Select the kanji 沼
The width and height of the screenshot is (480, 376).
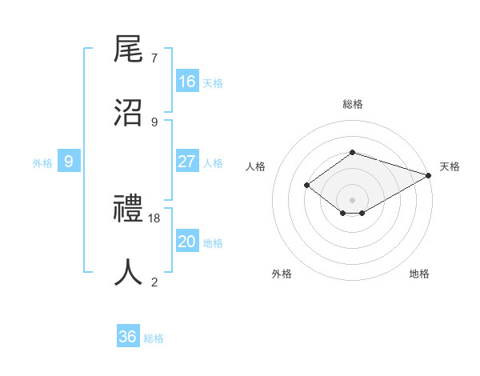[129, 113]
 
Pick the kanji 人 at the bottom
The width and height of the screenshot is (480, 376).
[129, 272]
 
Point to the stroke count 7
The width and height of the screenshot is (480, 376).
[154, 58]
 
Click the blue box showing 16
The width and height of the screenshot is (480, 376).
[187, 82]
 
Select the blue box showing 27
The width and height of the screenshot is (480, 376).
[187, 162]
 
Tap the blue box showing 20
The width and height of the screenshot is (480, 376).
[187, 242]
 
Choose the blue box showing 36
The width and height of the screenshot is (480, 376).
[128, 337]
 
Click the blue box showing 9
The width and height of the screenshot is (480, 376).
[69, 162]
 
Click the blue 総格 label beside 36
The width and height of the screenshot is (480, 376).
[154, 338]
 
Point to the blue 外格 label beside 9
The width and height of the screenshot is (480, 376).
[42, 163]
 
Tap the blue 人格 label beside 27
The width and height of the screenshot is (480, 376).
[213, 163]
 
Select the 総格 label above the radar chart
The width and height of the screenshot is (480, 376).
[352, 104]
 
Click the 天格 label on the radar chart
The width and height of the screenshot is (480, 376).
[450, 166]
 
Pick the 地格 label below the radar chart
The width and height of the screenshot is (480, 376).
[419, 274]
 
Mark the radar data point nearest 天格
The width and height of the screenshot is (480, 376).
[430, 175]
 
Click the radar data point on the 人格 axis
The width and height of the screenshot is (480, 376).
[306, 186]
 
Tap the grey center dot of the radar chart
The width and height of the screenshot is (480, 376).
[352, 199]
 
